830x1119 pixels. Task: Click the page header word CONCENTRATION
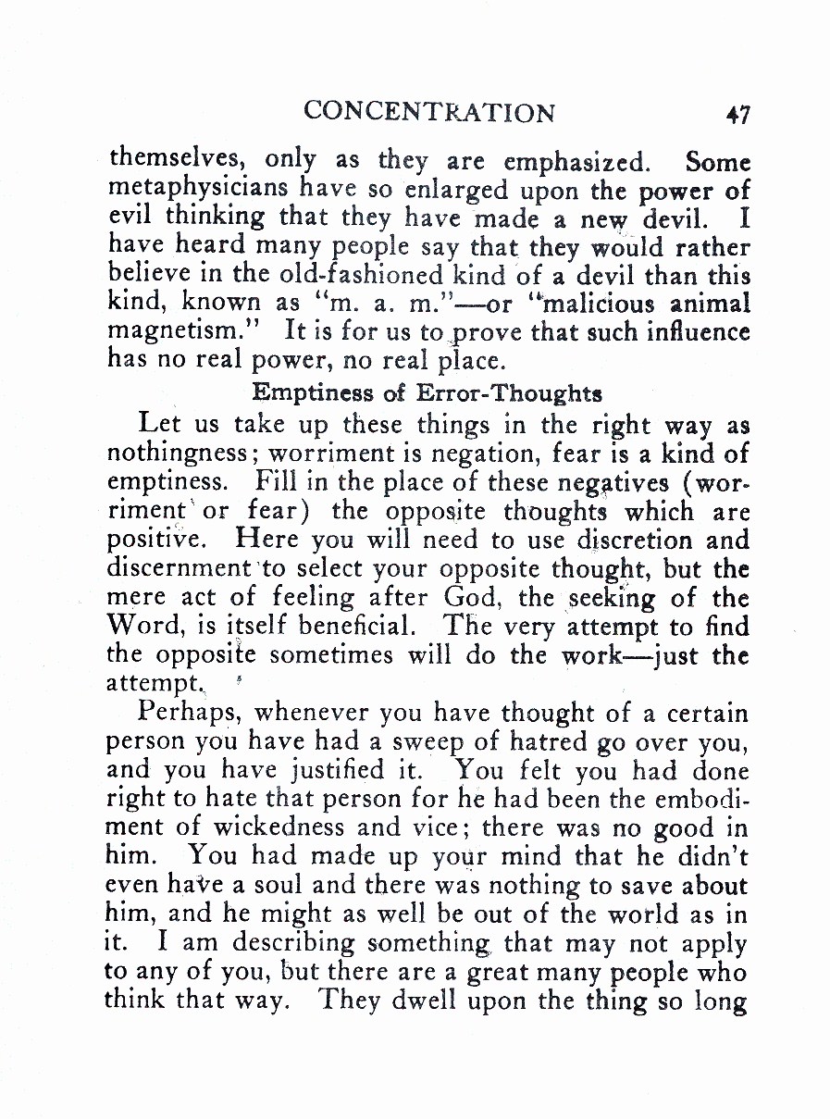tap(429, 112)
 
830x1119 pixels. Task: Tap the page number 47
tap(737, 114)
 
